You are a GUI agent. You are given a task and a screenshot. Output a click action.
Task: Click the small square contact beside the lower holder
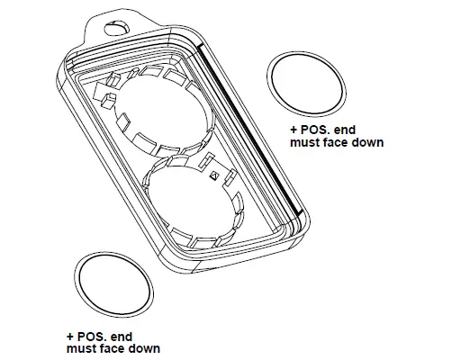(x=212, y=175)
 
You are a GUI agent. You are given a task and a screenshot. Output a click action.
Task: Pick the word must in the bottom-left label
(x=80, y=347)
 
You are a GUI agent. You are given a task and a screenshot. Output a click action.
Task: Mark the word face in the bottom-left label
(x=112, y=347)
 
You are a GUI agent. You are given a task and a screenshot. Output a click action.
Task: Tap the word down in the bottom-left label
(x=144, y=347)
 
